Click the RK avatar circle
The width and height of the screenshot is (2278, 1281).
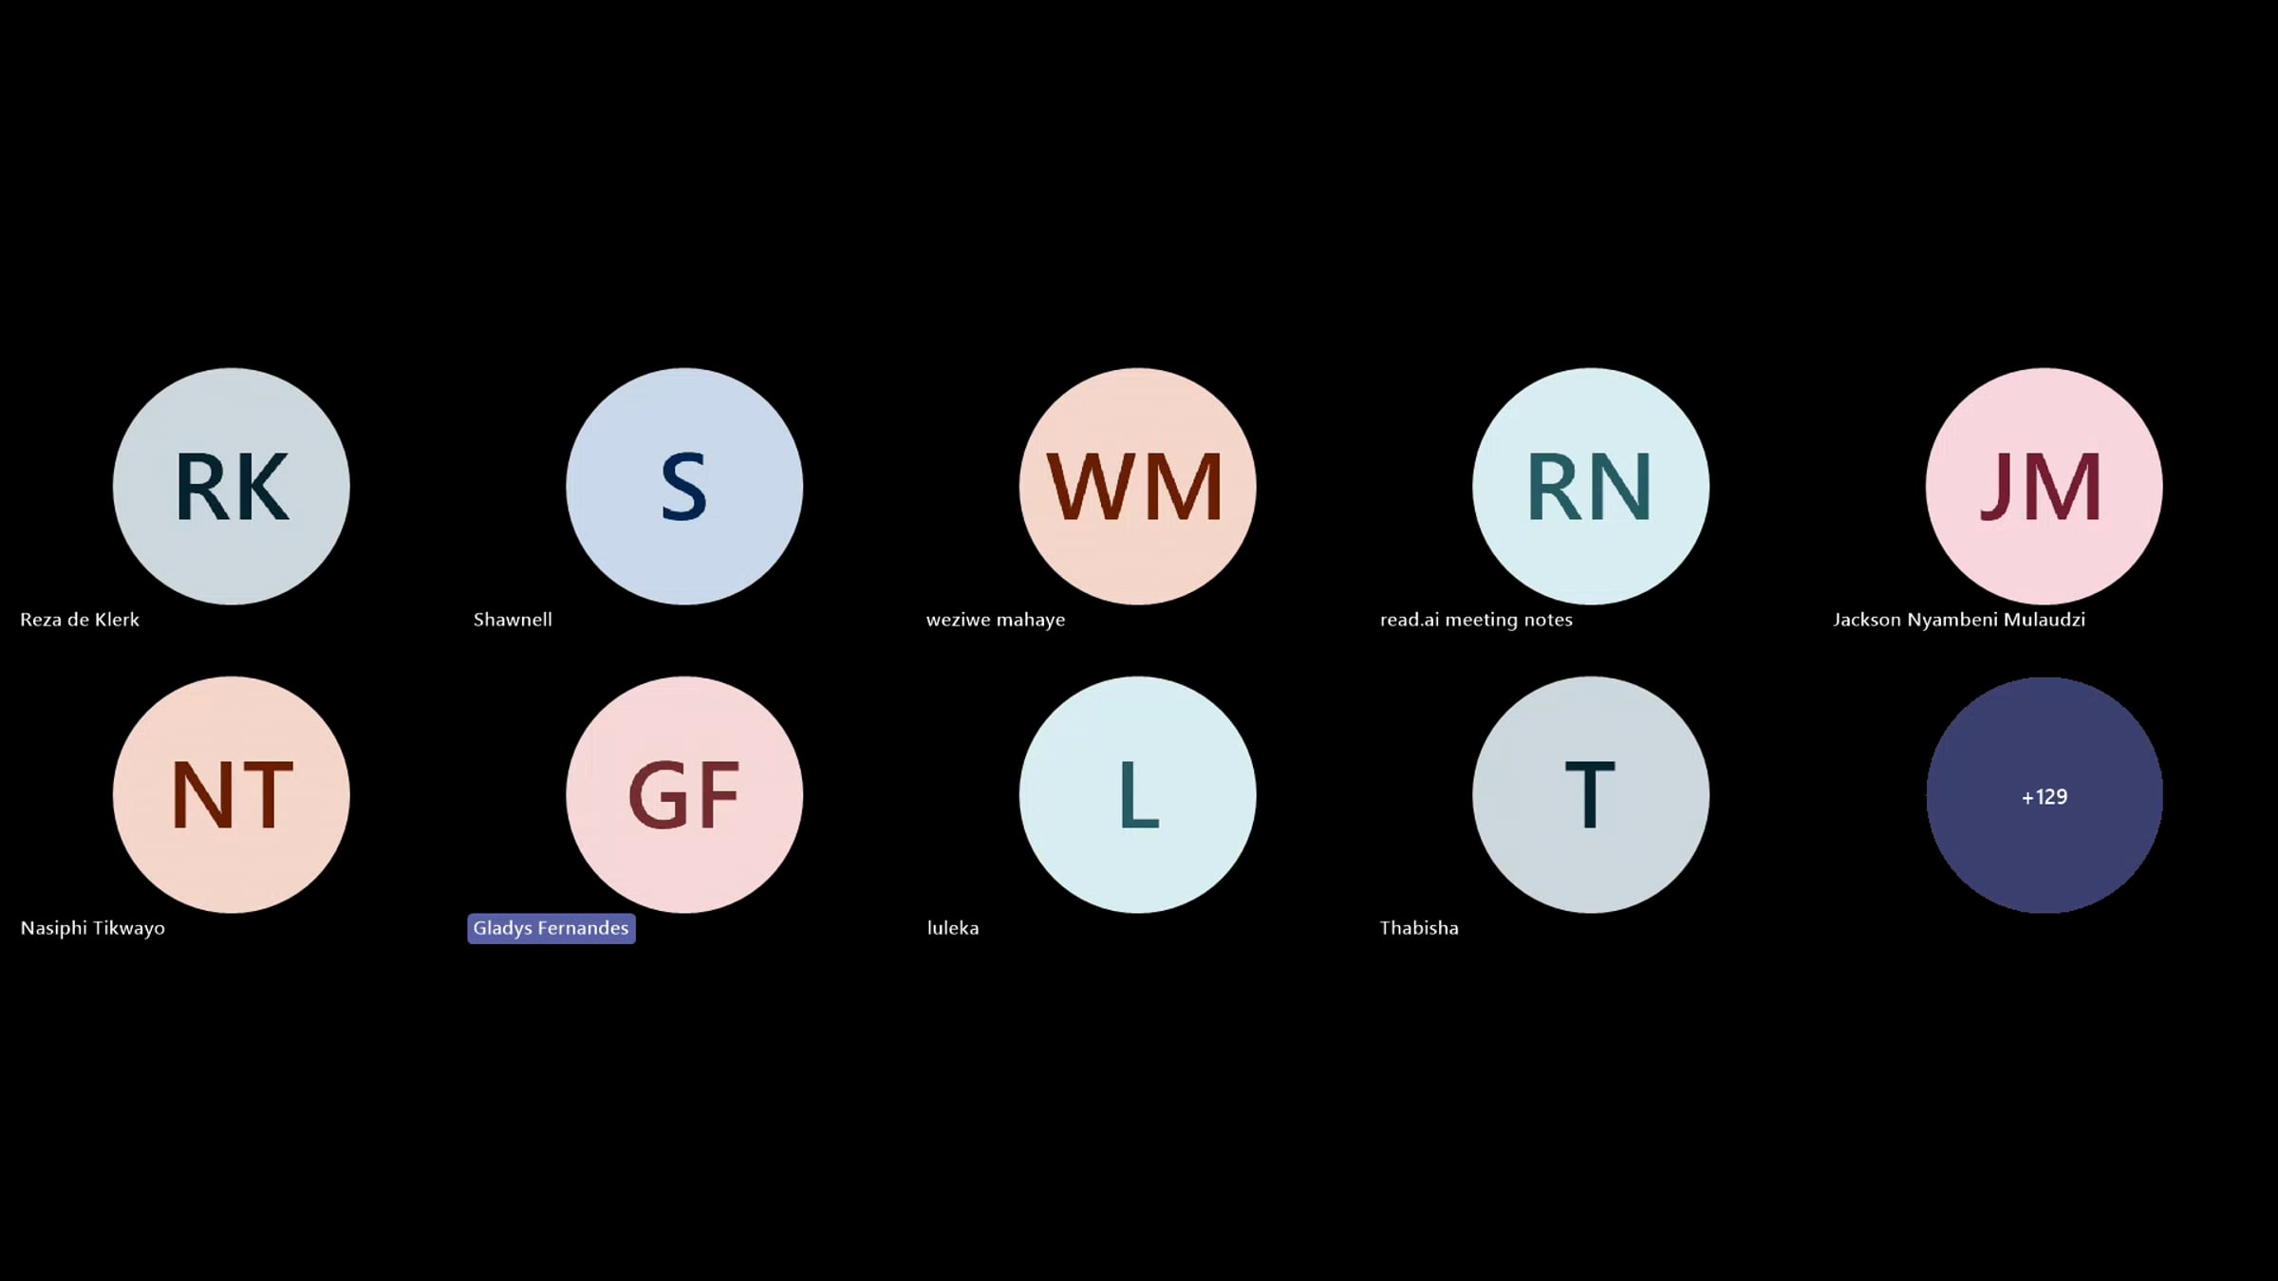coord(232,486)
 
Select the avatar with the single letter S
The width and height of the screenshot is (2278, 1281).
coord(684,486)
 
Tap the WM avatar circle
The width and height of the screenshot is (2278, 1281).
coord(1137,486)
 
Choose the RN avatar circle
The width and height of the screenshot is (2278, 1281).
coord(1591,486)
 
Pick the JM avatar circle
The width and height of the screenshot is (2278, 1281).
coord(2044,486)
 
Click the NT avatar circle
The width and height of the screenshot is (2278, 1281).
coord(232,794)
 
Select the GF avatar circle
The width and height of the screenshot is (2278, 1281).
coord(684,794)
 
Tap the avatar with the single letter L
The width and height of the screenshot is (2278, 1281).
coord(1137,794)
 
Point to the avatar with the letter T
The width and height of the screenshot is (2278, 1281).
coord(1591,794)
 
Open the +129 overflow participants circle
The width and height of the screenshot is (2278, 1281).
coord(2044,794)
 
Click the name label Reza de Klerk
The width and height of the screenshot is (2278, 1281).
coord(80,620)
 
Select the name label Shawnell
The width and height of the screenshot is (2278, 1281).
coord(513,620)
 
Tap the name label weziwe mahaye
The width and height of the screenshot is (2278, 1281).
coord(996,620)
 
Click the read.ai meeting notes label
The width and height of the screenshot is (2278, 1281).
coord(1476,620)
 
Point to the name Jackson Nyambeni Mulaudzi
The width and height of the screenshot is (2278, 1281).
coord(1959,620)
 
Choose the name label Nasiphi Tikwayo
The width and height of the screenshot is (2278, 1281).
coord(93,928)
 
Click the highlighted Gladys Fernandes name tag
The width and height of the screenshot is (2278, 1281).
coord(551,928)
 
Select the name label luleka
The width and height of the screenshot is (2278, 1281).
coord(953,928)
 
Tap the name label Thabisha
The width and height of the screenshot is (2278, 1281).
coord(1419,928)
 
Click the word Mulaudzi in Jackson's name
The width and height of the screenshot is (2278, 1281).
coord(2045,620)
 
